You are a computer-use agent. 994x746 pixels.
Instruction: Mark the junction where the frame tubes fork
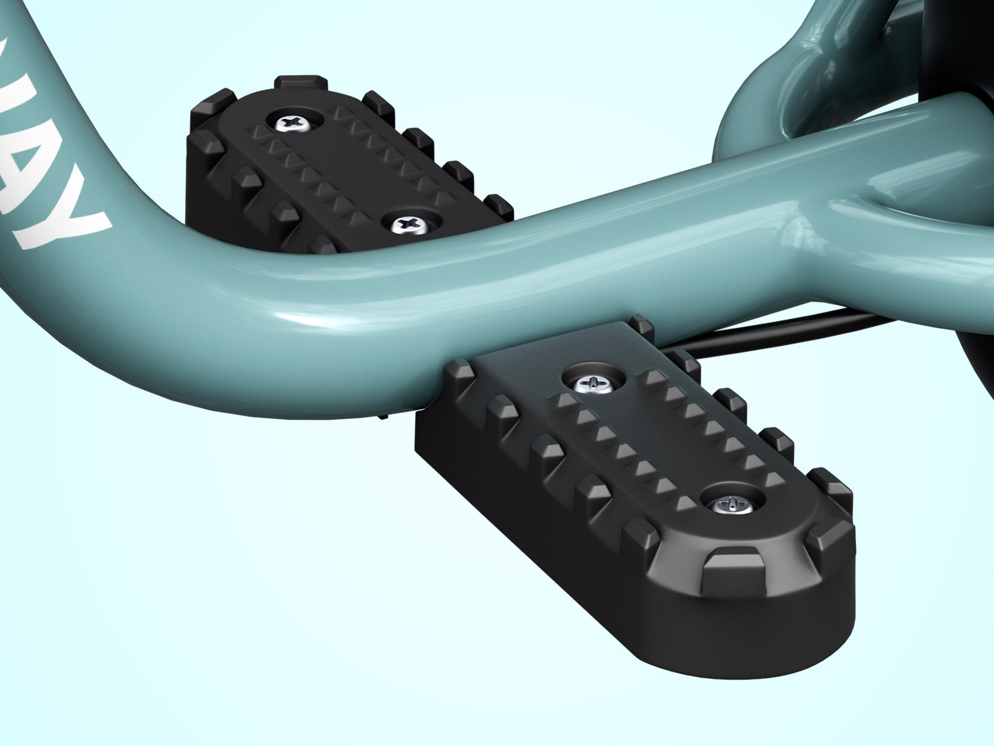point(826,205)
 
